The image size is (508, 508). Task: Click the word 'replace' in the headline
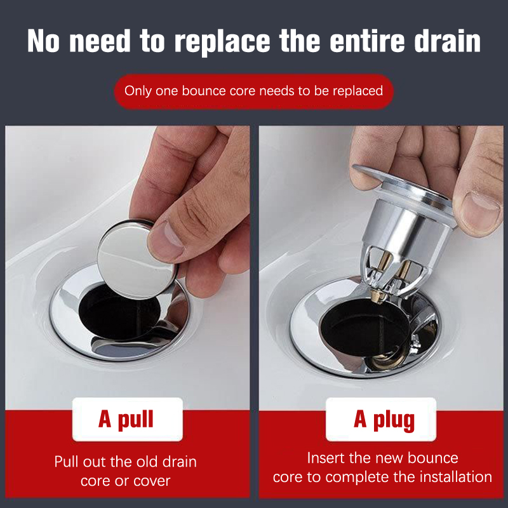click(x=222, y=41)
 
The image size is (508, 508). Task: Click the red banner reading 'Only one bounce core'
click(x=254, y=91)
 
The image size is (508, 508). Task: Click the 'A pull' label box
click(x=128, y=419)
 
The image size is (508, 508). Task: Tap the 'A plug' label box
click(x=381, y=419)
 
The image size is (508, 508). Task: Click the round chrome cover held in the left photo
click(x=136, y=259)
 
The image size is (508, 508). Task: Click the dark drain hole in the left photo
click(x=119, y=319)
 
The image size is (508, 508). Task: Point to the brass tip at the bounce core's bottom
click(x=377, y=297)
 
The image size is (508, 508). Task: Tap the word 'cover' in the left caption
click(x=152, y=481)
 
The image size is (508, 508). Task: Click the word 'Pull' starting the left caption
click(x=67, y=462)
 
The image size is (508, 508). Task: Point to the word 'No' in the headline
click(x=43, y=41)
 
